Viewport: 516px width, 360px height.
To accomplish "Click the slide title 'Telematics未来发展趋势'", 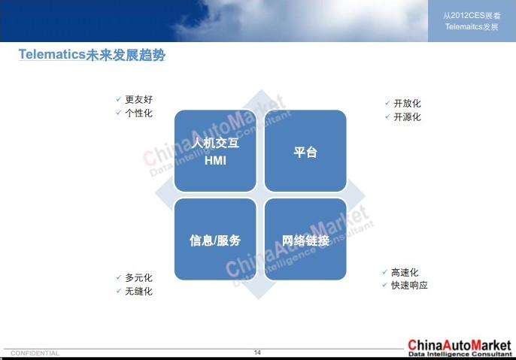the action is point(92,55).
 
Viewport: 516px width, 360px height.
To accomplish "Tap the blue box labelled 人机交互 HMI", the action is point(215,150).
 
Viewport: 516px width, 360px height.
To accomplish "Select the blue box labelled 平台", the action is point(305,150).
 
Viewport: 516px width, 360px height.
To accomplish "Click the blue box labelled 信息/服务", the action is point(215,239).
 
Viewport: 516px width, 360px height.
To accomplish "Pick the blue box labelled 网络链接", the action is point(305,239).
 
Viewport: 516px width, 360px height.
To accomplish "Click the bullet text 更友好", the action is point(138,99).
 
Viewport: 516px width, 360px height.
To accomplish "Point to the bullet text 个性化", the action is point(138,113).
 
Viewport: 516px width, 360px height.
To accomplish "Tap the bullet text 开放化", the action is point(407,103).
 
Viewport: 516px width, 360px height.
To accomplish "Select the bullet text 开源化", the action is point(407,116).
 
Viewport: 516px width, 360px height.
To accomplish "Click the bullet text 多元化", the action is point(138,278).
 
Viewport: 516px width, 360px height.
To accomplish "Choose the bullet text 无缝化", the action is point(138,292).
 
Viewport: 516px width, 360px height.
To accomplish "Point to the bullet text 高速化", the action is point(405,272).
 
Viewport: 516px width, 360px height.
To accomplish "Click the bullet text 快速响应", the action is point(409,286).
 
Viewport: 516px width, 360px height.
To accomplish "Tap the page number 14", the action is point(257,352).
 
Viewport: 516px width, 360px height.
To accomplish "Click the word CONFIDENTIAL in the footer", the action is point(35,353).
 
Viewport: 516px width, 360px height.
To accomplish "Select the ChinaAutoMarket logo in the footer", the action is point(460,348).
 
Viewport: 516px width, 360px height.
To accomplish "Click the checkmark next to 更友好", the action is point(119,99).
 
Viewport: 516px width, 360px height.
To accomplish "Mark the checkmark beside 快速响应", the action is point(384,285).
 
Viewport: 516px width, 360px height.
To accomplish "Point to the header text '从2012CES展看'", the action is point(472,16).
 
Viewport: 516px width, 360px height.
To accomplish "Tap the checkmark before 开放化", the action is point(387,103).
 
